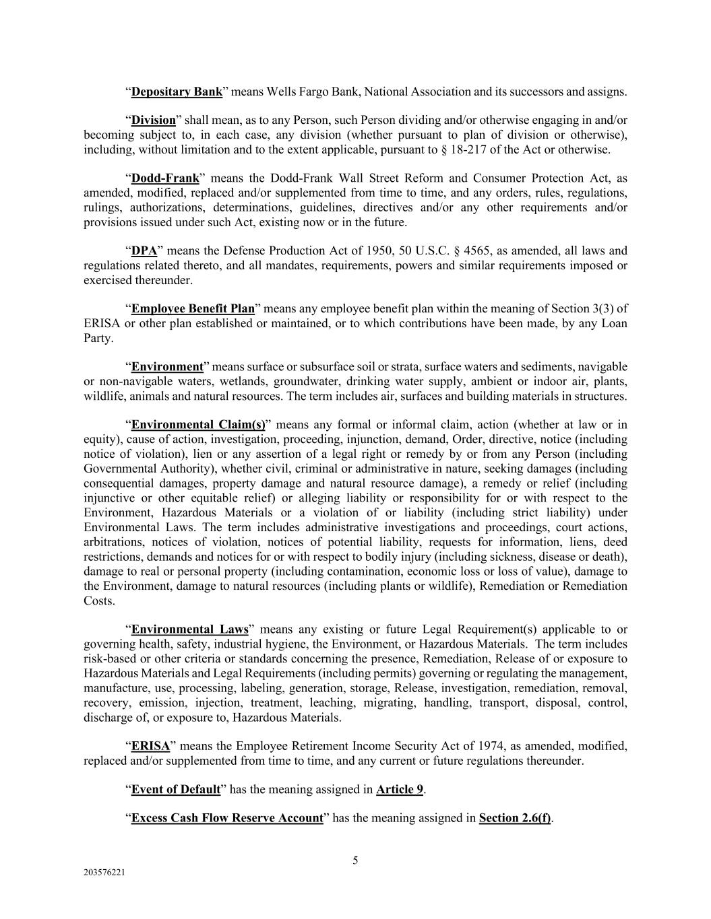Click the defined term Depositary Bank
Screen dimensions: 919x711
[177, 92]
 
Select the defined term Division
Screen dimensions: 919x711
[153, 121]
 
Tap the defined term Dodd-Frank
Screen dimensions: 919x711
[165, 178]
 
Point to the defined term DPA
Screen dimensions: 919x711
[144, 251]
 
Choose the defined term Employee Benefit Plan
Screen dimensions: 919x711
[193, 309]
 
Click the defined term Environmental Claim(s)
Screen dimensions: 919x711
[198, 425]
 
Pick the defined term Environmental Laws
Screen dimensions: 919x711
[189, 629]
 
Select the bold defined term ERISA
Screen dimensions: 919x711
[150, 746]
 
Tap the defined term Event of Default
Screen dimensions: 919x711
[175, 789]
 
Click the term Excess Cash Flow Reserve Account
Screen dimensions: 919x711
[227, 818]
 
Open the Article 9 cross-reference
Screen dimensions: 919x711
[399, 789]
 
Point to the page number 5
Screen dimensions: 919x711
[355, 860]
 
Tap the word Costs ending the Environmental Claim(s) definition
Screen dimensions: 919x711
[99, 601]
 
